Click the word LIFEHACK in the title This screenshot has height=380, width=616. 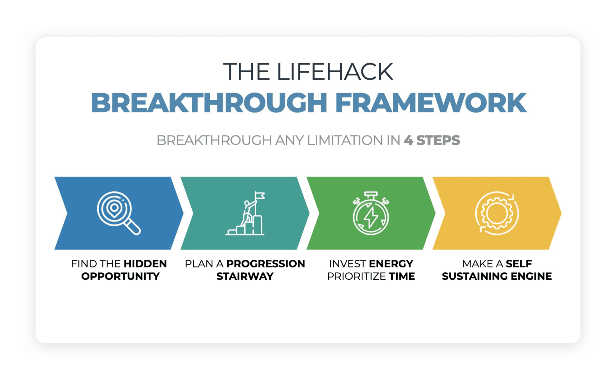point(335,72)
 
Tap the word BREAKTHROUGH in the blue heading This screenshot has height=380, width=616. point(209,103)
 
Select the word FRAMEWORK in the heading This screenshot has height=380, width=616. point(431,103)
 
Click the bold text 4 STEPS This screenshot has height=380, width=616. point(432,140)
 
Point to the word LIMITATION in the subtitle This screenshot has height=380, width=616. point(345,140)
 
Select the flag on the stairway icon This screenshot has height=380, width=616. point(259,196)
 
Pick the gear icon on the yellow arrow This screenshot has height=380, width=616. point(497,213)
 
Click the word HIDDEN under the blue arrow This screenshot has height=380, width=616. point(145,264)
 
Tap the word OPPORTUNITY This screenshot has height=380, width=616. point(120,276)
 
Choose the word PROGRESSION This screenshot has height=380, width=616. point(265,264)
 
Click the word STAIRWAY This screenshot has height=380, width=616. point(245,276)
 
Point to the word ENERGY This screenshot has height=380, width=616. point(391,264)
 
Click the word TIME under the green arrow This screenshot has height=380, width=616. point(402,276)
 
